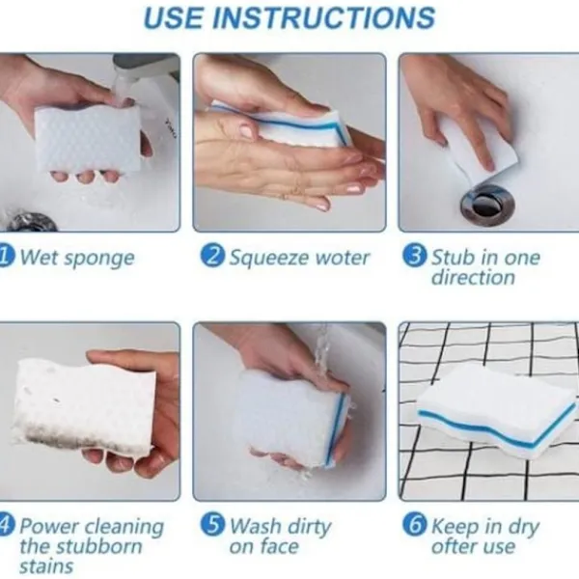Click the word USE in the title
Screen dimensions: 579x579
coord(173,17)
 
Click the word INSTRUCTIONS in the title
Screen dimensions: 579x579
coord(324,17)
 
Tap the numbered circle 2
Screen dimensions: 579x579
coord(212,256)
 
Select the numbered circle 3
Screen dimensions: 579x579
coord(415,256)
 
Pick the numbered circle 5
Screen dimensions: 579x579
coord(212,524)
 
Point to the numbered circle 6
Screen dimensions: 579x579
coord(415,524)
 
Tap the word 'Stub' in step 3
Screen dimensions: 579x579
coord(453,257)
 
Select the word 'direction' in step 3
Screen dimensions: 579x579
coord(473,277)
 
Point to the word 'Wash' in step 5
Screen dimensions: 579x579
coord(256,526)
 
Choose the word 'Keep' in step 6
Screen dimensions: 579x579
coord(455,527)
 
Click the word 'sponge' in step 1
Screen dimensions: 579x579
coord(99,259)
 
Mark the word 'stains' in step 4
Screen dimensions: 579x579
coord(46,566)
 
